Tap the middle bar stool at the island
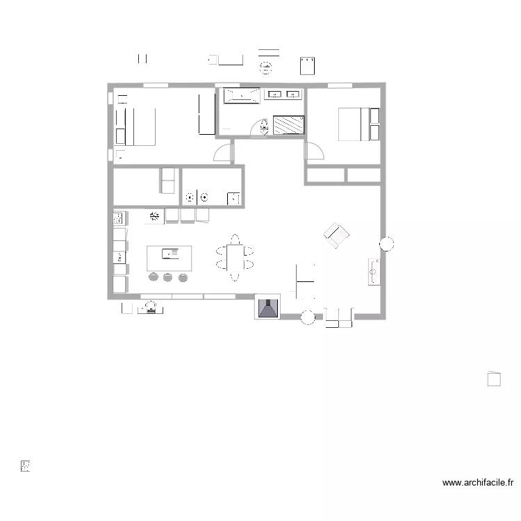(167, 278)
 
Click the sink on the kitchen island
(169, 254)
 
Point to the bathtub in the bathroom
(242, 95)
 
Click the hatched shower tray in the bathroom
(289, 124)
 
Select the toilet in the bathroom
(263, 126)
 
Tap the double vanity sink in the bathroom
(283, 94)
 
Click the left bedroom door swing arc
(224, 152)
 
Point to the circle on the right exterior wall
(386, 243)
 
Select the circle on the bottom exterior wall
(308, 317)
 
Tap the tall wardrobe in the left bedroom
(206, 114)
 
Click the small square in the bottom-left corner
(26, 465)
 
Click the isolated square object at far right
(494, 379)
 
